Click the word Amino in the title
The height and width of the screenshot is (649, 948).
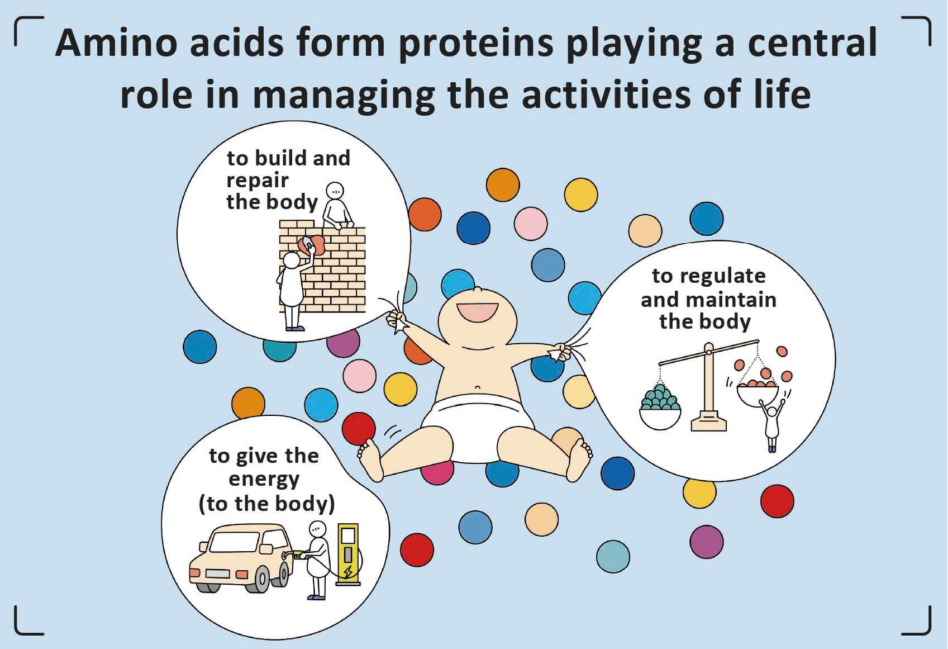pyautogui.click(x=116, y=43)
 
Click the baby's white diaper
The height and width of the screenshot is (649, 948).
pyautogui.click(x=478, y=426)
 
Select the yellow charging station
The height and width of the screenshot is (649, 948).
pyautogui.click(x=348, y=555)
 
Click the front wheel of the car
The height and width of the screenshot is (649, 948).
pyautogui.click(x=261, y=578)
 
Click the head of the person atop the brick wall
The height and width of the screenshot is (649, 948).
pyautogui.click(x=335, y=191)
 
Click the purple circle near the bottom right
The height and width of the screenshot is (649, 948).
pyautogui.click(x=706, y=542)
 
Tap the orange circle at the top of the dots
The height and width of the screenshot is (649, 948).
pyautogui.click(x=503, y=184)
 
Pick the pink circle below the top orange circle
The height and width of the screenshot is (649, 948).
pyautogui.click(x=531, y=224)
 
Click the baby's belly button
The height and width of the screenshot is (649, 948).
pyautogui.click(x=478, y=387)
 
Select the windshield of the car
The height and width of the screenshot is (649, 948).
pyautogui.click(x=234, y=542)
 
